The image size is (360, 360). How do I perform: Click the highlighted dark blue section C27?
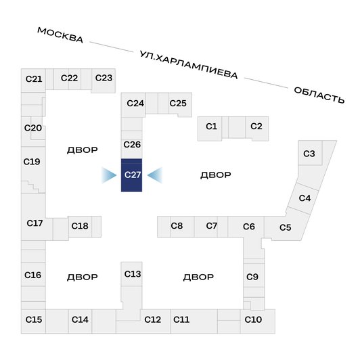pos(131,175)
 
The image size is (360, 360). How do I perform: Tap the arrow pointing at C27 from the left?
pos(109,175)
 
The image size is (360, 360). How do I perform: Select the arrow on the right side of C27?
pos(155,175)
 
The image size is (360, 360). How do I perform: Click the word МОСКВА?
pos(60,35)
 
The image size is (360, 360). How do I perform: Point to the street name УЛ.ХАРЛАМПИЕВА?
pos(189,65)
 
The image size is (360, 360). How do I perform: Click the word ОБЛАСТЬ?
pos(319,95)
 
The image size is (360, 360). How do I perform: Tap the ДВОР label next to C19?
pos(83,150)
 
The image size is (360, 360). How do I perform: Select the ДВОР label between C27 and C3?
pos(216,175)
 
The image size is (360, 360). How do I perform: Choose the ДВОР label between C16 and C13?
pos(83,277)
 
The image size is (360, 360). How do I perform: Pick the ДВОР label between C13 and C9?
pos(198,277)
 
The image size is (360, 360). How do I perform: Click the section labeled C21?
pos(34,80)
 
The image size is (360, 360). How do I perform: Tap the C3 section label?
pos(309,154)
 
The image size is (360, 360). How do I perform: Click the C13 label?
pos(133,274)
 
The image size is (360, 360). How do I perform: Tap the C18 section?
pos(80,227)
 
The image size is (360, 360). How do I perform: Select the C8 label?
pos(177,226)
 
